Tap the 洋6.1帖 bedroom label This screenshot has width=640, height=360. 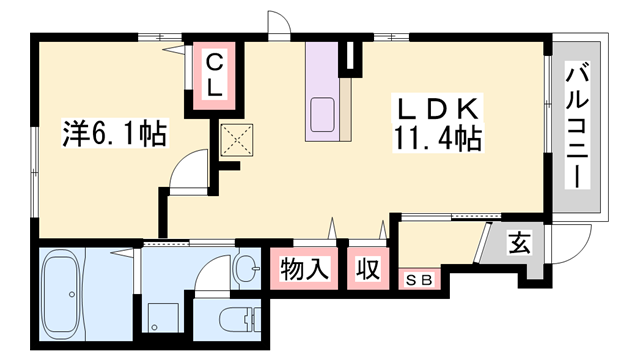101,131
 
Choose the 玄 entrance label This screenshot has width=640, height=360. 518,243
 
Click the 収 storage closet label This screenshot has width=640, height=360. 369,269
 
